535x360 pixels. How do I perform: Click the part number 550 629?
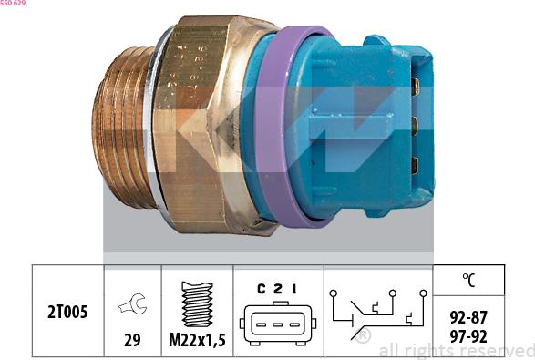(x=18, y=5)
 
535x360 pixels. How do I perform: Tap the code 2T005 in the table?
(x=68, y=313)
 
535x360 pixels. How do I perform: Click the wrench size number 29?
(x=133, y=339)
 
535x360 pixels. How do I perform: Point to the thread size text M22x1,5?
(x=197, y=340)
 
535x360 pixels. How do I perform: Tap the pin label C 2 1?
(x=277, y=290)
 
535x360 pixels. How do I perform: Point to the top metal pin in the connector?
(x=415, y=87)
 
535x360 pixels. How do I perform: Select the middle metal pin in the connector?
(x=415, y=126)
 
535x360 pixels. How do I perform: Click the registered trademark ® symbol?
(x=364, y=336)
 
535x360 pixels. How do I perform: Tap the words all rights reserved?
(x=456, y=351)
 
